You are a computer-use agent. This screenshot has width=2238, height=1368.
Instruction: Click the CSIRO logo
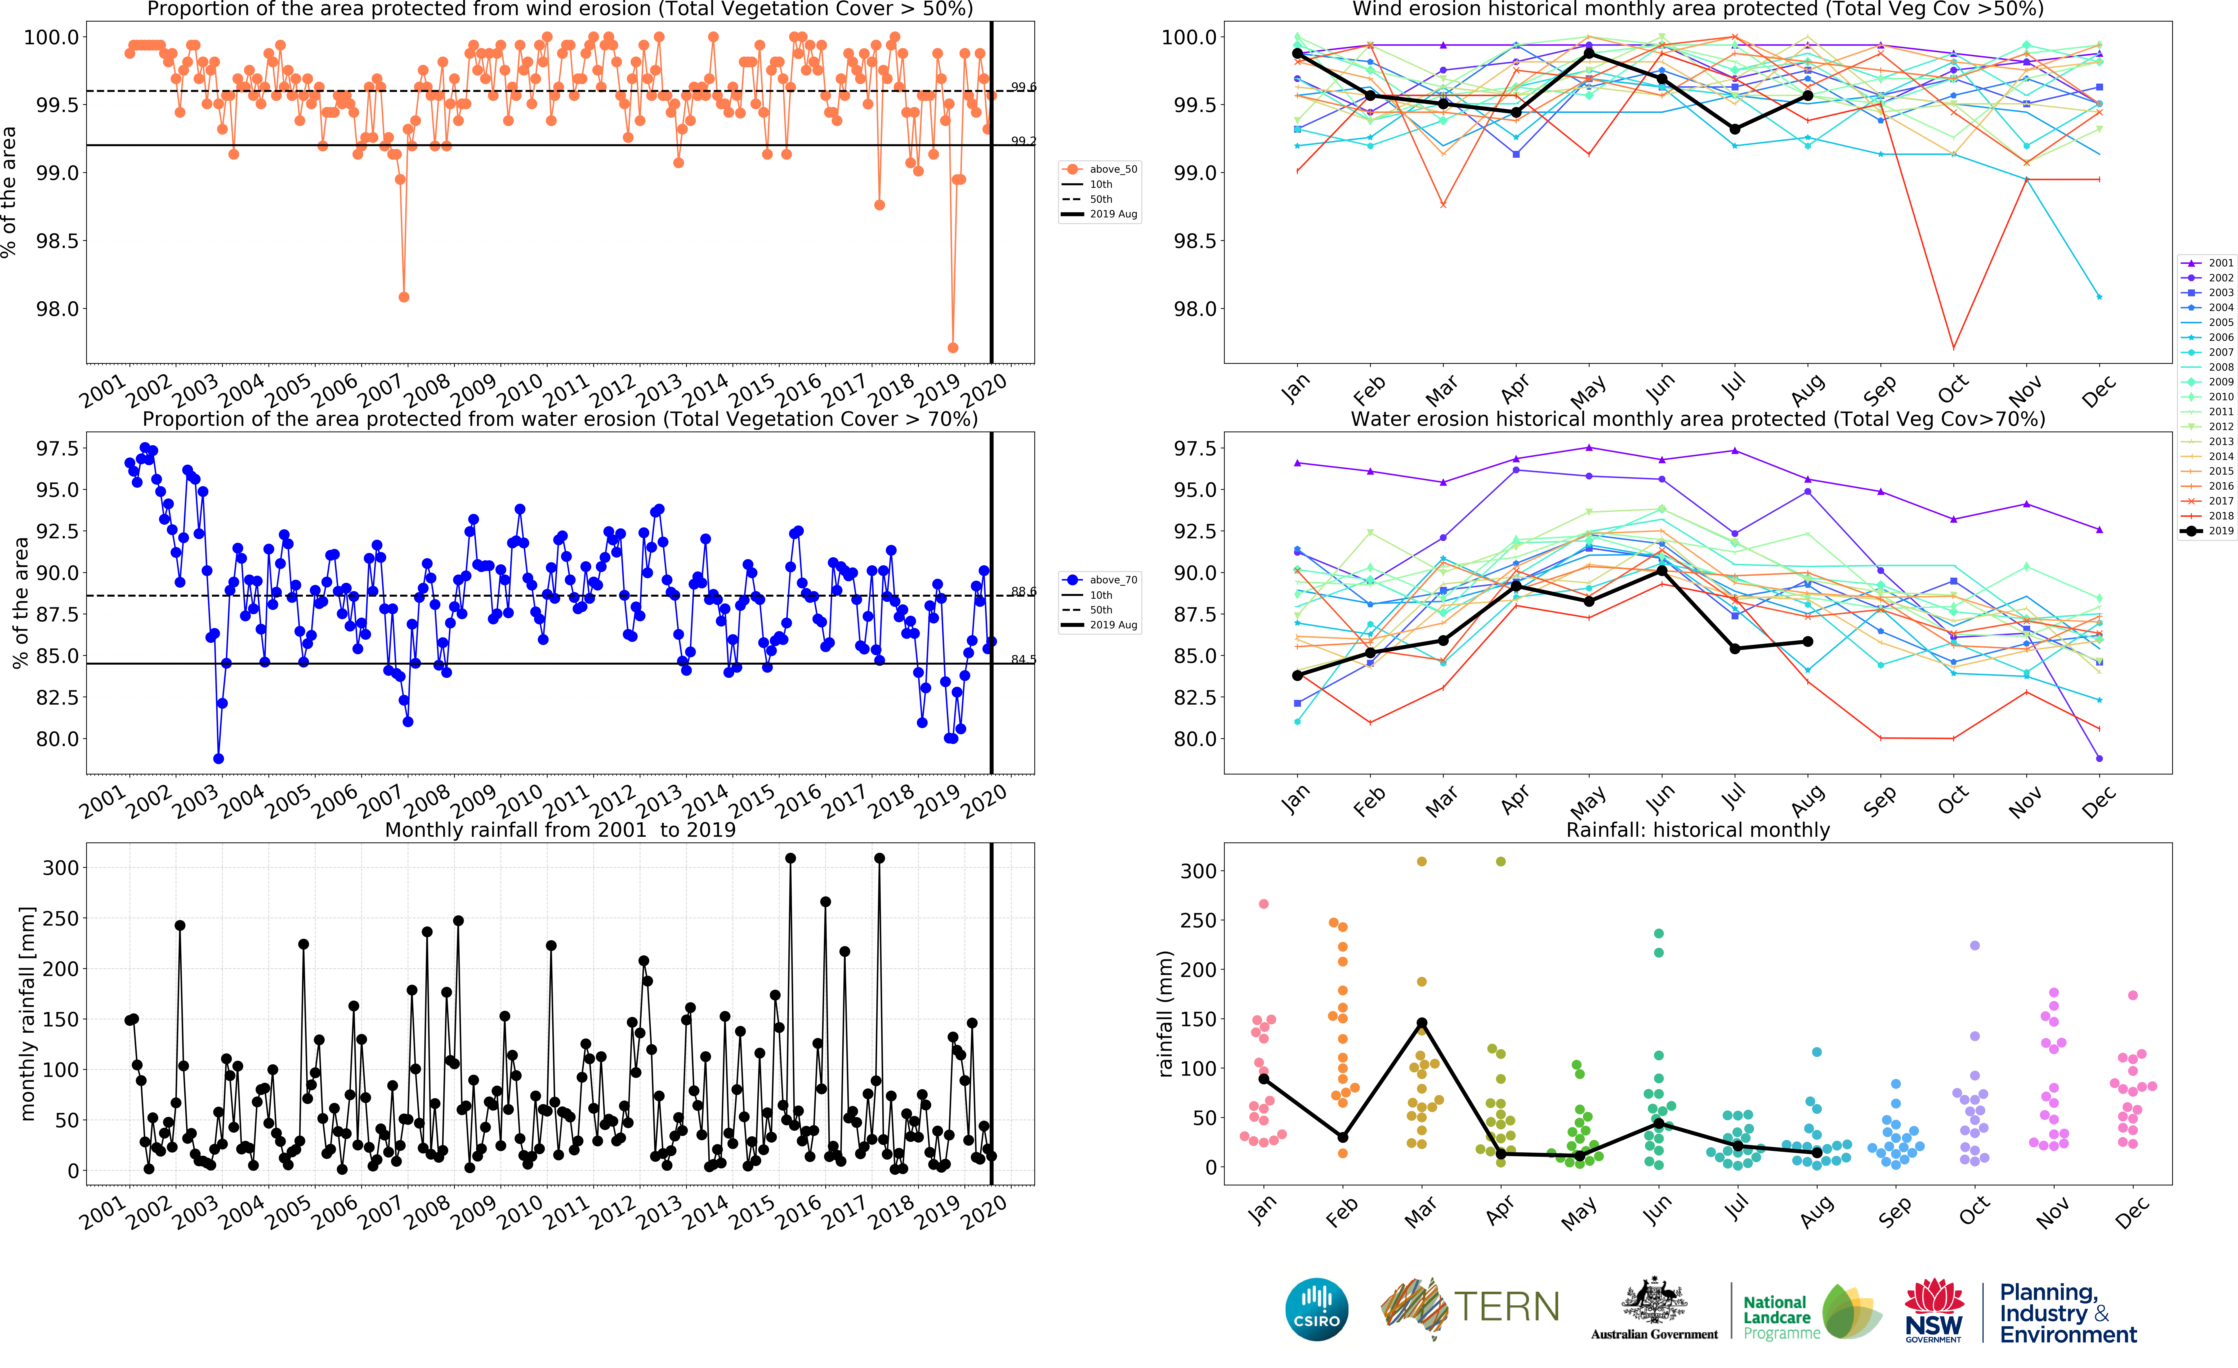pyautogui.click(x=1316, y=1309)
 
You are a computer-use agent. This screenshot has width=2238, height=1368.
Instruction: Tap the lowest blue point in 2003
pyautogui.click(x=218, y=758)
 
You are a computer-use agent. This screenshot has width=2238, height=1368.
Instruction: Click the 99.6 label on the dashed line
pyautogui.click(x=1024, y=87)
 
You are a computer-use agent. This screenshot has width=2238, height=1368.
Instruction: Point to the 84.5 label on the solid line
pyautogui.click(x=1024, y=659)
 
